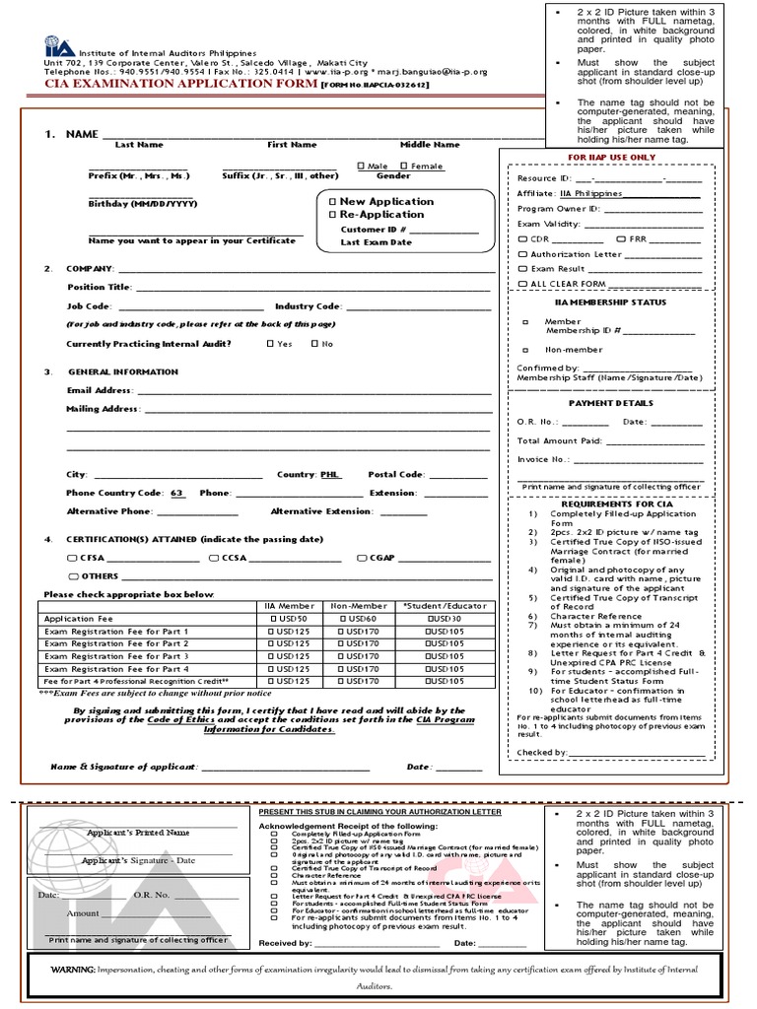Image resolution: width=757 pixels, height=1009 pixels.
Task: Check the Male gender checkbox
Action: tap(361, 167)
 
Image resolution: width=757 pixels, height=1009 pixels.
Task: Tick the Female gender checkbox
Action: tap(404, 167)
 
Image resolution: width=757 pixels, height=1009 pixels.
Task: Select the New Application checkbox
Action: tap(332, 201)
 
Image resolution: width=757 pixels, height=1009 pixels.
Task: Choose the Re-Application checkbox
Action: tap(332, 214)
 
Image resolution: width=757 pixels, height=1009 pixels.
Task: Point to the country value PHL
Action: tap(329, 474)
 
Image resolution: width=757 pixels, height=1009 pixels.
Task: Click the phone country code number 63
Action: tap(176, 493)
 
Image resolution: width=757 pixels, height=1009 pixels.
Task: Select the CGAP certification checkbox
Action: tap(362, 558)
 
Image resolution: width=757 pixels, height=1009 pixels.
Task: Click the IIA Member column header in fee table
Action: tap(290, 606)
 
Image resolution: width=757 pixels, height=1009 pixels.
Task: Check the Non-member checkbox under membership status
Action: tap(524, 350)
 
